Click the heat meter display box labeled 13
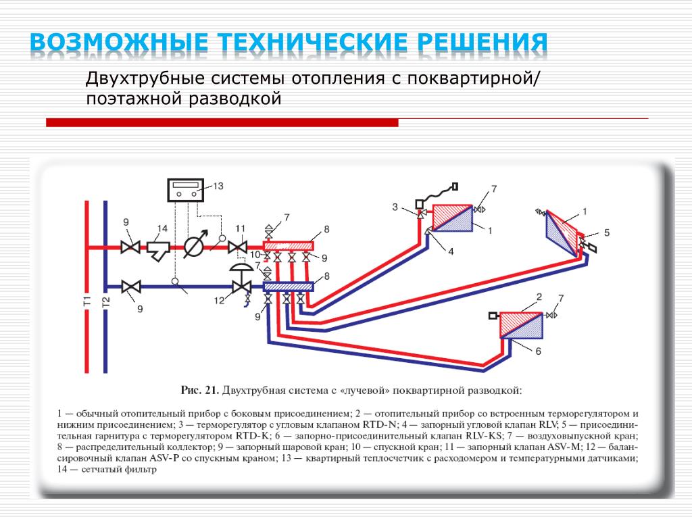[x=185, y=190]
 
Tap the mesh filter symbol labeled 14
[x=158, y=251]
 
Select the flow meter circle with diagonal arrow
[x=194, y=245]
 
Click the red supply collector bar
[x=288, y=246]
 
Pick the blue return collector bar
[x=288, y=287]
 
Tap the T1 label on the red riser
[x=87, y=301]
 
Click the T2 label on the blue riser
[x=106, y=302]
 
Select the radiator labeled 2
[x=521, y=326]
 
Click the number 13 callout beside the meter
[x=218, y=187]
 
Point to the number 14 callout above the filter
[x=162, y=228]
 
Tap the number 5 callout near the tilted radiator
[x=607, y=232]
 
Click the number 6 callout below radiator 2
[x=538, y=351]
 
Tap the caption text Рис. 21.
[x=200, y=390]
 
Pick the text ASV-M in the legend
[x=564, y=447]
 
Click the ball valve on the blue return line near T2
[x=131, y=287]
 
